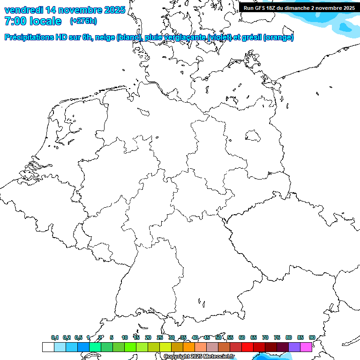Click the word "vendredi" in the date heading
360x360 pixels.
point(23,10)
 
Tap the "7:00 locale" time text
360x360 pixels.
point(33,21)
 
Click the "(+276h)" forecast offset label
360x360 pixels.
point(83,21)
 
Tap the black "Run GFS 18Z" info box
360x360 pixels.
point(299,7)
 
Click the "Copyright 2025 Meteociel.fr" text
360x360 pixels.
point(199,356)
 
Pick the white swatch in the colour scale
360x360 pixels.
point(48,347)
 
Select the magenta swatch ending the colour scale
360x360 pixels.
point(306,347)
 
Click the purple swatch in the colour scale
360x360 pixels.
point(294,347)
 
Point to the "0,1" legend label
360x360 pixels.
point(55,337)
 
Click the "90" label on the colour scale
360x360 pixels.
point(312,337)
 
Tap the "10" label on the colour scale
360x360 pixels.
point(125,337)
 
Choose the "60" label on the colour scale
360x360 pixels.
point(242,337)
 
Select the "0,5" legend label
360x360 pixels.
point(78,337)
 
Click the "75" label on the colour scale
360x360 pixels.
point(277,337)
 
